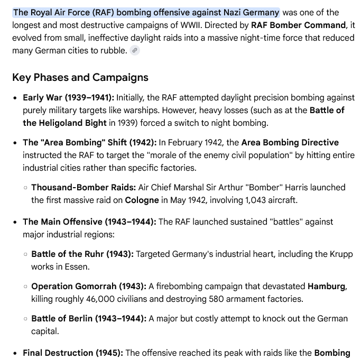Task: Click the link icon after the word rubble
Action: pyautogui.click(x=135, y=51)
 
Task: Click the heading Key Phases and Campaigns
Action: pyautogui.click(x=80, y=78)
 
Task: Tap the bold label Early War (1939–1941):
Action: pyautogui.click(x=68, y=98)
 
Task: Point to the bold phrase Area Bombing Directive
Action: pyautogui.click(x=290, y=143)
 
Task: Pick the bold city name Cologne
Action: pyautogui.click(x=142, y=200)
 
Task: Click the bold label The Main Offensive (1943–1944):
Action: pyautogui.click(x=89, y=222)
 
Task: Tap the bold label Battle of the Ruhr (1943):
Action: pyautogui.click(x=82, y=254)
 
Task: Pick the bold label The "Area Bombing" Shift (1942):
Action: pyautogui.click(x=89, y=143)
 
